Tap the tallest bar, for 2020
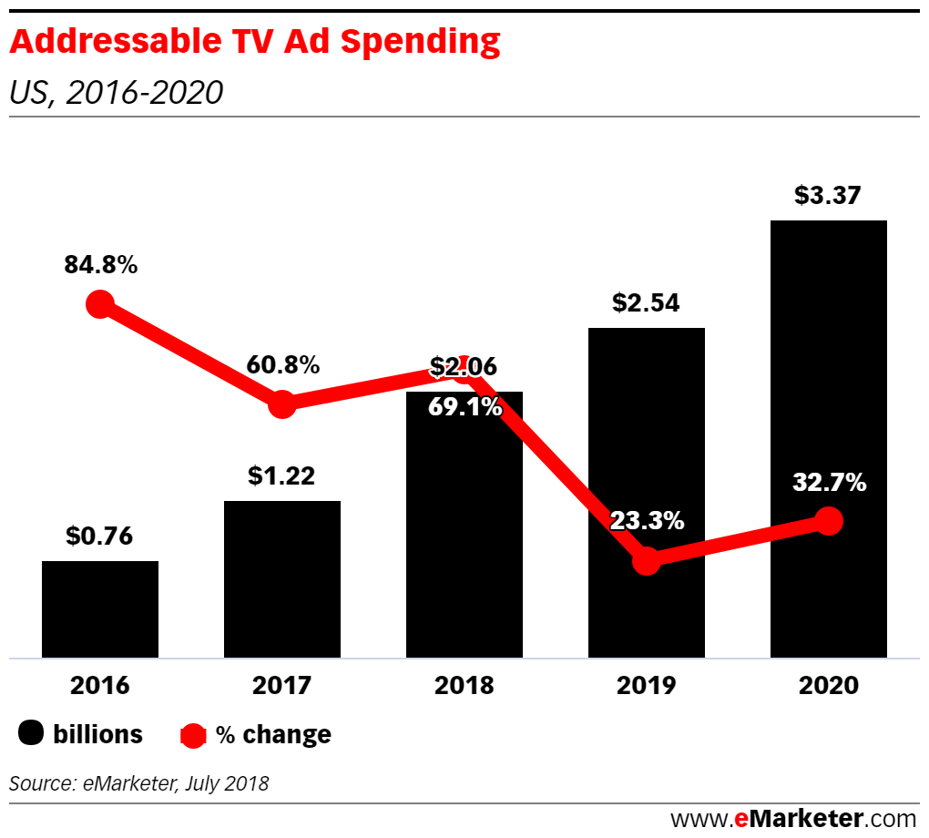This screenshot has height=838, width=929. click(x=828, y=437)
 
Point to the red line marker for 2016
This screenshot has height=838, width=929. click(x=100, y=304)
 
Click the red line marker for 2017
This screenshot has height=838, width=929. click(x=282, y=404)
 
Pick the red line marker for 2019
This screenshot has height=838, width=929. click(x=646, y=560)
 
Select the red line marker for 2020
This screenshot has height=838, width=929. click(x=828, y=521)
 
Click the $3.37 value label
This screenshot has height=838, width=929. click(x=827, y=196)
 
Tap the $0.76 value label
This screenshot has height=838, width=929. click(x=99, y=537)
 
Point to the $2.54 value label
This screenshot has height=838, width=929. click(x=646, y=303)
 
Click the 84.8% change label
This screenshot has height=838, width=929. click(x=100, y=266)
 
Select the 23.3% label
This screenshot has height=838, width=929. click(x=647, y=521)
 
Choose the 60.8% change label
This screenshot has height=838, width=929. click(x=282, y=365)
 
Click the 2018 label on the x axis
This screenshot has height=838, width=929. click(x=464, y=686)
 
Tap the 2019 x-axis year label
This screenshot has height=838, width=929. click(x=646, y=686)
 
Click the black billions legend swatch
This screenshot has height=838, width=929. click(x=32, y=734)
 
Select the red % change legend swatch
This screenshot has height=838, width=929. click(x=193, y=734)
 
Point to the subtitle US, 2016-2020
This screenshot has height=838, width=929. click(x=116, y=93)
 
